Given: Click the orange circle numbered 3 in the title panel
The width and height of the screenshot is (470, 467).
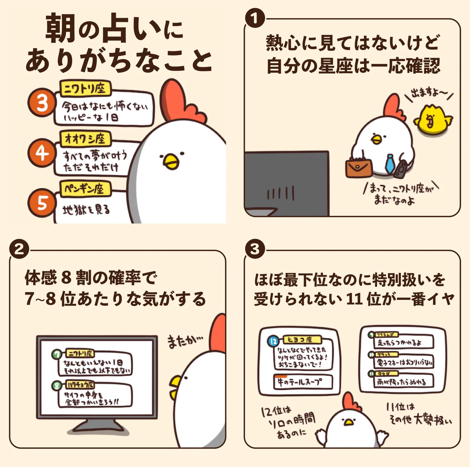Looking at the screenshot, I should tap(42, 103).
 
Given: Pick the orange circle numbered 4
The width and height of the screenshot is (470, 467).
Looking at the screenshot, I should tap(42, 153).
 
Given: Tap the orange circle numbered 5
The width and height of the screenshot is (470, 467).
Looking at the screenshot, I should tap(42, 203).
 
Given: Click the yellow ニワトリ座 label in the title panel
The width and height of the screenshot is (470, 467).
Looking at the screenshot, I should tap(85, 89).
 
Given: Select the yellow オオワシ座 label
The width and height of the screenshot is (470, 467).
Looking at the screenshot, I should tap(85, 138).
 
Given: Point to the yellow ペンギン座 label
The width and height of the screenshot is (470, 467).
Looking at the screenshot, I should tap(85, 188).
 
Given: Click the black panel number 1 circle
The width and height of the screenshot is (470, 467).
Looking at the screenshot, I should tap(255, 18).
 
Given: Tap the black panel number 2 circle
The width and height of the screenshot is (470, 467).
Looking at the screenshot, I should tap(19, 249).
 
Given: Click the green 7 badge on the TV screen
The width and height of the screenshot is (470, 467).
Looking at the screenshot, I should tap(58, 354).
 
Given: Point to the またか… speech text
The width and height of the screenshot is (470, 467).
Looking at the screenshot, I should tap(185, 341).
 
